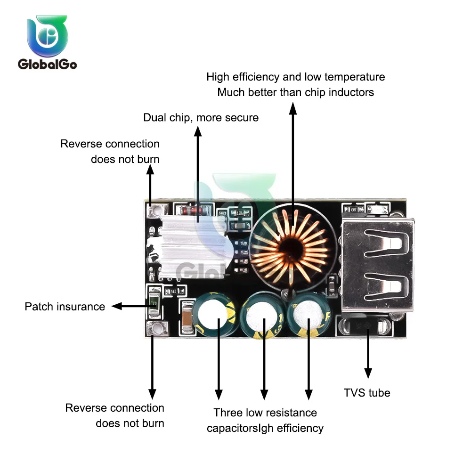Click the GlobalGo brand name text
(x=47, y=65)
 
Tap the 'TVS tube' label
(x=367, y=392)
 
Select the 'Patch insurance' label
(x=65, y=307)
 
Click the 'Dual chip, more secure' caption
(x=201, y=117)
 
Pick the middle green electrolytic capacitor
(x=262, y=317)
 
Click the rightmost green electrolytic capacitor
(x=309, y=315)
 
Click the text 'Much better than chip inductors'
(x=296, y=92)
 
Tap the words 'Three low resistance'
(x=265, y=413)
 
